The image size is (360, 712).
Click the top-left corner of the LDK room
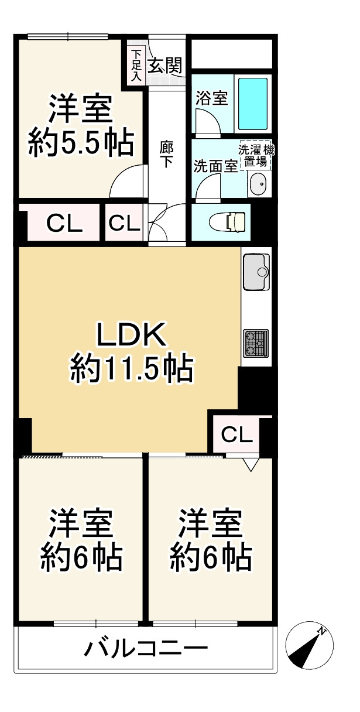click(19, 247)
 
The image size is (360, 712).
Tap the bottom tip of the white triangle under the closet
click(251, 471)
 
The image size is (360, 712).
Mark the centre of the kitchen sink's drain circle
click(262, 272)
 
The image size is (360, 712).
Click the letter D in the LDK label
click(130, 334)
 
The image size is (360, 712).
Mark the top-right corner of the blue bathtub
click(268, 78)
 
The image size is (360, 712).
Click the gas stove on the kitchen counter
click(256, 343)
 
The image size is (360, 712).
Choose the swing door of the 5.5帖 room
click(127, 182)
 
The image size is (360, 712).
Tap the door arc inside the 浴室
click(207, 121)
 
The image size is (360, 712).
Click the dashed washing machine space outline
click(256, 155)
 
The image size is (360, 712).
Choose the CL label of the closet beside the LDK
click(237, 434)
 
